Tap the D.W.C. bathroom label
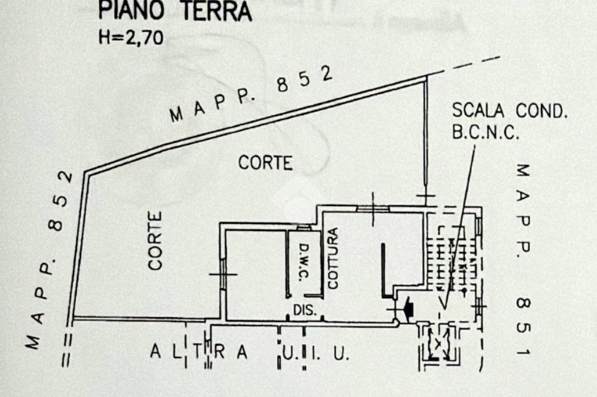(303, 263)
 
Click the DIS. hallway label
(304, 310)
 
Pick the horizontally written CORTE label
(265, 164)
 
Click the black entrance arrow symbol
(408, 307)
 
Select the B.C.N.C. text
(485, 133)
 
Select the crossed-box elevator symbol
(438, 343)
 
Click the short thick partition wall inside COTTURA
(384, 268)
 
